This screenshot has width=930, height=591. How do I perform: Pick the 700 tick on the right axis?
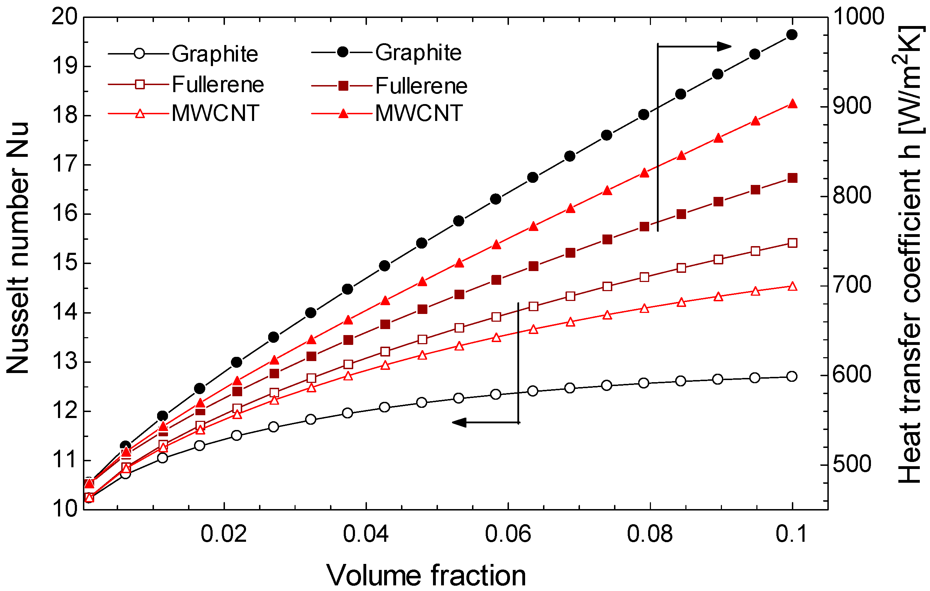pyautogui.click(x=852, y=286)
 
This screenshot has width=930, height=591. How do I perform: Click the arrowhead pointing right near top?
pyautogui.click(x=724, y=46)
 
